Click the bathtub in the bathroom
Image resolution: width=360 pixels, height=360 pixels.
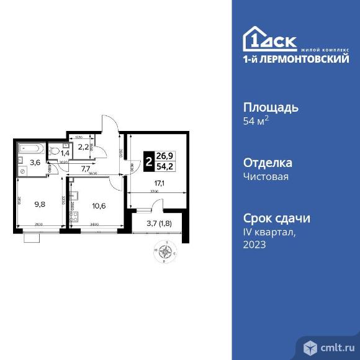(29, 149)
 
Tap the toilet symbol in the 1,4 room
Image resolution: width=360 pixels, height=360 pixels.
(55, 150)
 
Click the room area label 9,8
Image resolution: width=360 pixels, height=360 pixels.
(40, 202)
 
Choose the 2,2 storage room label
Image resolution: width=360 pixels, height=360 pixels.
(83, 146)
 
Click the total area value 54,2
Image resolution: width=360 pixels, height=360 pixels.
(166, 167)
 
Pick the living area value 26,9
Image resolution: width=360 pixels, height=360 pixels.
(166, 156)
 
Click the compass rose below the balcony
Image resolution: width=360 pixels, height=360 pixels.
(166, 252)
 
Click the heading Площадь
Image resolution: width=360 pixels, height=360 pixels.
(270, 107)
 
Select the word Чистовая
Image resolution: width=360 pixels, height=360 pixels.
(268, 176)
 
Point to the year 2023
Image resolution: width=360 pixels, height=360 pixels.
(254, 245)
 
